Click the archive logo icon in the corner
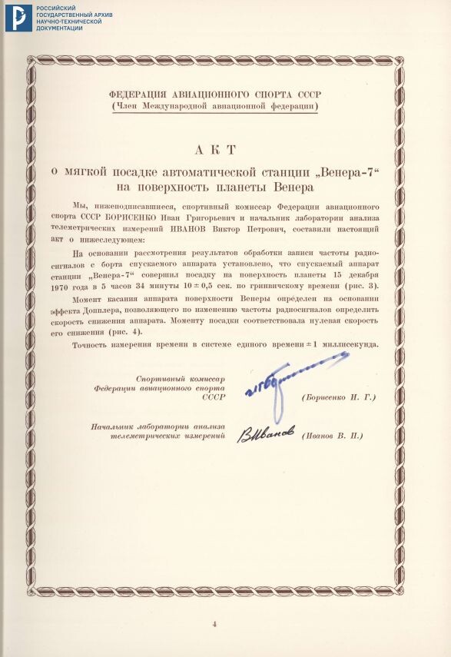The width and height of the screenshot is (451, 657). (18, 18)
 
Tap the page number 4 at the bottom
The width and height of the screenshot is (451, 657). (215, 623)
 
